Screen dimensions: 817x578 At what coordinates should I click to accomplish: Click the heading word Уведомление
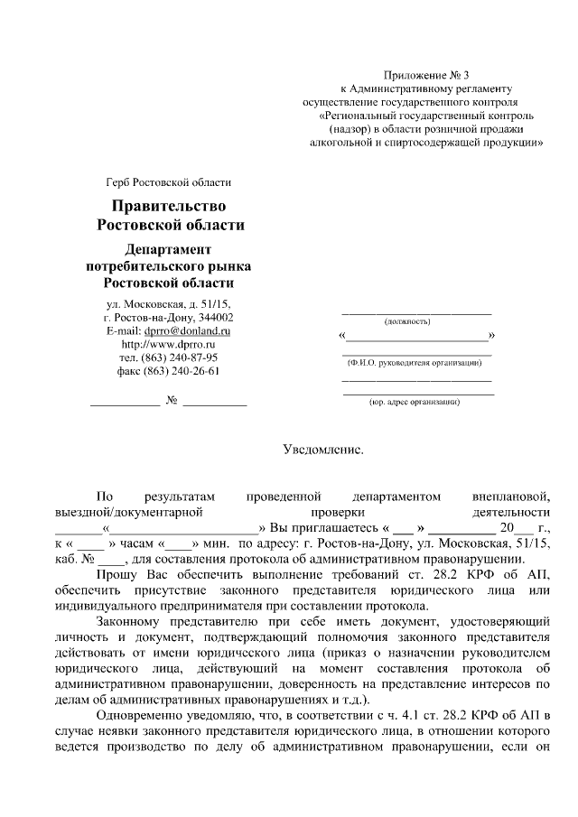(x=322, y=448)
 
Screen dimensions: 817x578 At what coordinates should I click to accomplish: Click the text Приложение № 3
(x=422, y=74)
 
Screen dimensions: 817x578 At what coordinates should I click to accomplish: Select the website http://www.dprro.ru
(x=169, y=345)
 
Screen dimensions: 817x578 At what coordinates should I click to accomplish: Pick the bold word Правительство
(x=170, y=207)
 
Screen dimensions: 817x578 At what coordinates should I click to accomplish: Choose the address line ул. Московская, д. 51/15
(x=169, y=304)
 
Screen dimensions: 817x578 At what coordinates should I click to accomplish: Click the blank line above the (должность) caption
(x=416, y=311)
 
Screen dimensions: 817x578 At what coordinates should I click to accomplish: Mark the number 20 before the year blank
(x=506, y=528)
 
